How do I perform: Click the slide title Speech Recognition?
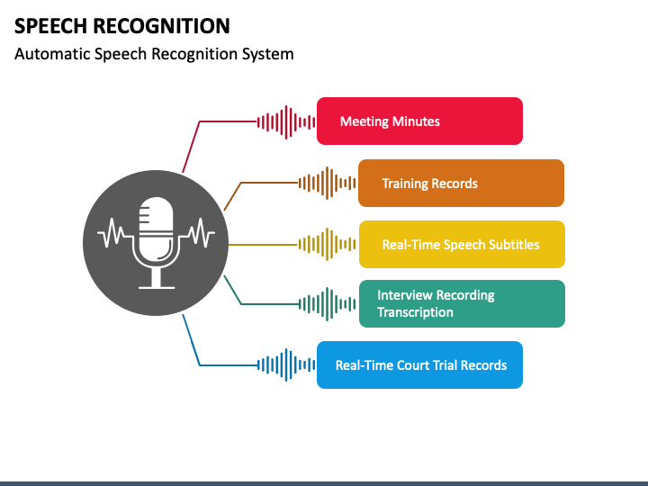tap(122, 25)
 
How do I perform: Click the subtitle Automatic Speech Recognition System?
tap(154, 54)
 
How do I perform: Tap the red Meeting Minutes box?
tap(419, 121)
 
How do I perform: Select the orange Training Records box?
tap(461, 184)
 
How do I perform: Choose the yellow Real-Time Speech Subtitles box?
tap(462, 244)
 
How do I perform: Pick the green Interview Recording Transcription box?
tap(462, 303)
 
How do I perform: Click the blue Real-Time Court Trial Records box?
tap(419, 364)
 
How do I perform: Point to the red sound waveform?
tap(286, 121)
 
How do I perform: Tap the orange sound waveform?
tap(327, 183)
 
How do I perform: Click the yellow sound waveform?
tap(327, 244)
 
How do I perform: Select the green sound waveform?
tap(327, 304)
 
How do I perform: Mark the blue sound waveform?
tap(286, 364)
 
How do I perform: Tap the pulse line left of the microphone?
tap(113, 234)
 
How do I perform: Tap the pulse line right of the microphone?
tap(197, 234)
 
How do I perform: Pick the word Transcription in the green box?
tap(416, 312)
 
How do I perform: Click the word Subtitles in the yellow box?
tap(509, 245)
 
